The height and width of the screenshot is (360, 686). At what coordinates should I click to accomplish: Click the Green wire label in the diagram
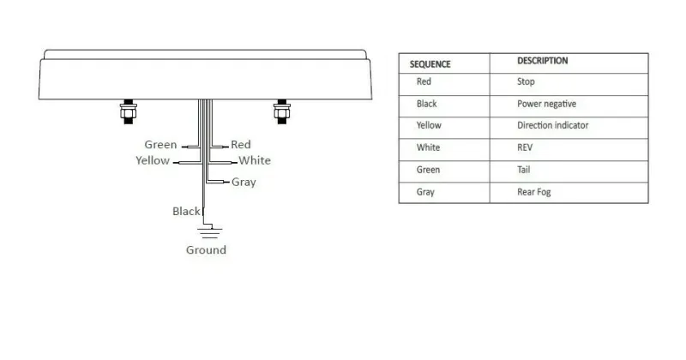[160, 145]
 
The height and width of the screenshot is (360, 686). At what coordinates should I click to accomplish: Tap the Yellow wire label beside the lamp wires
[153, 160]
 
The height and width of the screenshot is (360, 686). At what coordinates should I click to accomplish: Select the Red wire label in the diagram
[241, 145]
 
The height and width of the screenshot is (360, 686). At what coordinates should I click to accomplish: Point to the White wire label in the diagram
[255, 160]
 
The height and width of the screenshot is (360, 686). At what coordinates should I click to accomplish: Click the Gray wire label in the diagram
[244, 182]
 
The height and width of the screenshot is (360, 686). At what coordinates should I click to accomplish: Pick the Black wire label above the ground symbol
[186, 211]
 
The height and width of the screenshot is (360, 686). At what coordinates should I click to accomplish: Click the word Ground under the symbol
[206, 250]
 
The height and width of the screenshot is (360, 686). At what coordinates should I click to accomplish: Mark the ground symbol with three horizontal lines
[210, 232]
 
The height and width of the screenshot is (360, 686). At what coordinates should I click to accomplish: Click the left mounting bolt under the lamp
[128, 112]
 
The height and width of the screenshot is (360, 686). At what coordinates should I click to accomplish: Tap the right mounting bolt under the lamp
[282, 112]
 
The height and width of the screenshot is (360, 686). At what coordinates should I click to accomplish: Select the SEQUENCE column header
[430, 64]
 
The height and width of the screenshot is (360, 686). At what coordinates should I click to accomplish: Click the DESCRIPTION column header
[543, 61]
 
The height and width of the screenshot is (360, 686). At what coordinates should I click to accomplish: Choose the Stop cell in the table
[526, 81]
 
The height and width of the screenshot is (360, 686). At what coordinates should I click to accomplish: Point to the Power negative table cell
[546, 104]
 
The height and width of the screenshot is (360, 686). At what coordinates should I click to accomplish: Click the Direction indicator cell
[552, 125]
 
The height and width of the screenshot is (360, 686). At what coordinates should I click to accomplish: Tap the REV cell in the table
[525, 147]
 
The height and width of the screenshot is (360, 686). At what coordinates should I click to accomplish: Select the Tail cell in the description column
[524, 170]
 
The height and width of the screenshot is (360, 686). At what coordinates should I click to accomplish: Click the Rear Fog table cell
[533, 192]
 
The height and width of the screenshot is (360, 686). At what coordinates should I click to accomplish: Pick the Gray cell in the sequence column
[425, 192]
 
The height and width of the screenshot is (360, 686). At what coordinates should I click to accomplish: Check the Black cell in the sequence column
[426, 104]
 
